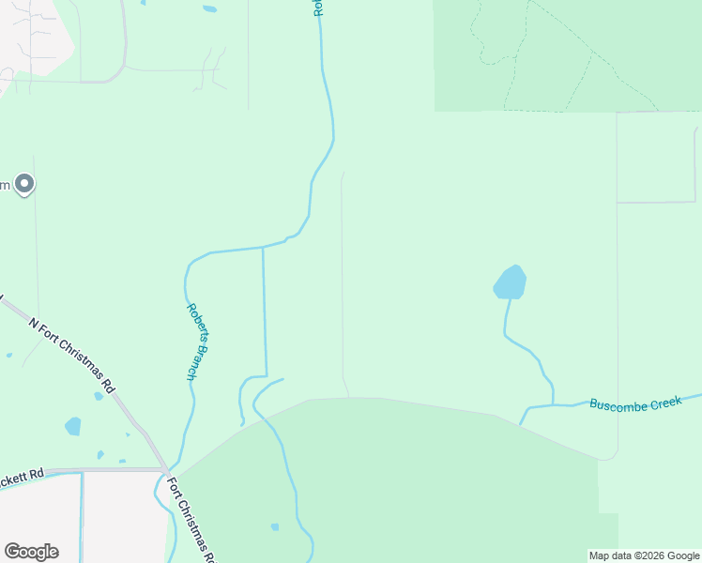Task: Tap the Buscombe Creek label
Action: tap(633, 403)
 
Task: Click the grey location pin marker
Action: tap(24, 184)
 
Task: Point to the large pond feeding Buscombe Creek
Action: tap(510, 282)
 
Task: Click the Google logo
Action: tap(31, 552)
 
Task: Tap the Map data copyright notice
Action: tap(644, 555)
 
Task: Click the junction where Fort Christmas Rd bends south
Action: tap(165, 469)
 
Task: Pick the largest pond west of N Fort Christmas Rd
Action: tap(72, 426)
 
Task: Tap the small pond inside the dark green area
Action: tap(275, 526)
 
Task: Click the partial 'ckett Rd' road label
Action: tap(23, 476)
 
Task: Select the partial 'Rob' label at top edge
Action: tap(318, 8)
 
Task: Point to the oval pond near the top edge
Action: tap(209, 9)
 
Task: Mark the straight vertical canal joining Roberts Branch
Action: tap(264, 310)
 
